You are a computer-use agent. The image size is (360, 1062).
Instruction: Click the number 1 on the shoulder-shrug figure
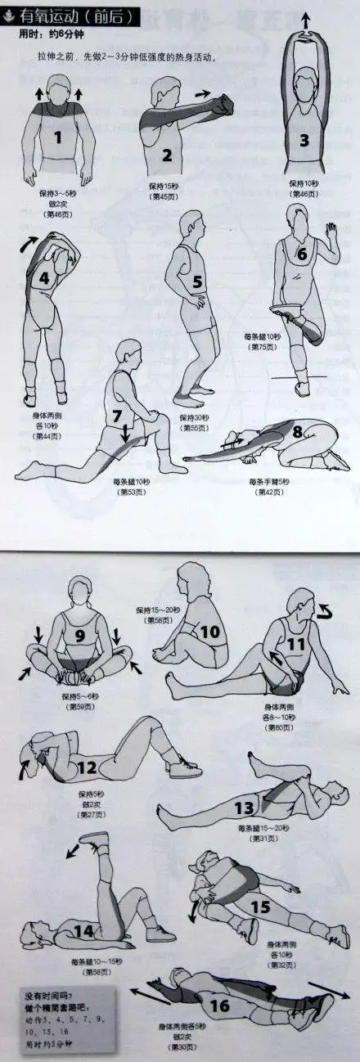(x=58, y=137)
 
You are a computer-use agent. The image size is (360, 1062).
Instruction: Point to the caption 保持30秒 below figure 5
(x=193, y=417)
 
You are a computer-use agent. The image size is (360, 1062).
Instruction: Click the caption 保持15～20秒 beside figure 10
(x=156, y=612)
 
